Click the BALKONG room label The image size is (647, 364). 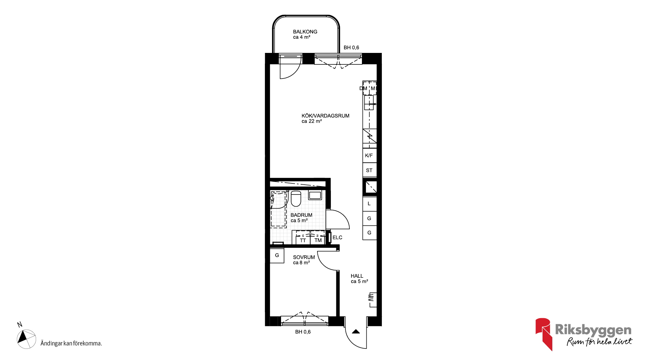(x=305, y=32)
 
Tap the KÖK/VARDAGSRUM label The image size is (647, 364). (x=325, y=116)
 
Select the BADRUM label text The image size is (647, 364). (x=301, y=215)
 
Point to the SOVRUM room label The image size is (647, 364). (x=304, y=257)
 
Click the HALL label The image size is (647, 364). (x=357, y=276)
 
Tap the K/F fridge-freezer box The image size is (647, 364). (x=369, y=155)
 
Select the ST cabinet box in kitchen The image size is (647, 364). (x=369, y=170)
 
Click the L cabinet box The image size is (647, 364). (x=369, y=204)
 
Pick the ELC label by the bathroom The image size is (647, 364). (x=337, y=238)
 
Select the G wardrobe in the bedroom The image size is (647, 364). (x=277, y=255)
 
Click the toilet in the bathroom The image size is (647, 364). (x=296, y=199)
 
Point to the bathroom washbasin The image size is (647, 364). (x=315, y=195)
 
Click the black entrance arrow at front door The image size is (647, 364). (x=356, y=332)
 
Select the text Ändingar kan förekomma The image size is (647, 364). (x=71, y=343)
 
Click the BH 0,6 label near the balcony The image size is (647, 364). (x=351, y=48)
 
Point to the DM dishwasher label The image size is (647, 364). (x=363, y=89)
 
